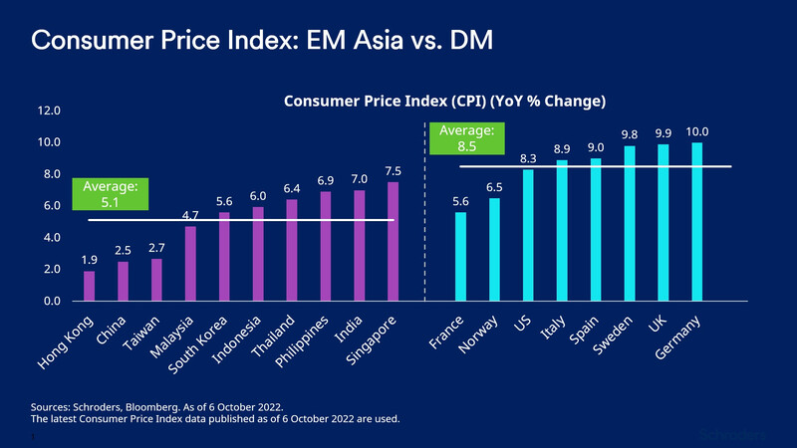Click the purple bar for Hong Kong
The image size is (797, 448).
90,286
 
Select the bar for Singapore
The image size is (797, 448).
394,242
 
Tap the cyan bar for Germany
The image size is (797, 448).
696,222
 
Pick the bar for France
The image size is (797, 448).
460,257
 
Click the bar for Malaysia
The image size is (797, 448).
190,264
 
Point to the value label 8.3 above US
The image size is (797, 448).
528,158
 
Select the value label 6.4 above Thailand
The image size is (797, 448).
292,188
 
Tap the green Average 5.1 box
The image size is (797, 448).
111,194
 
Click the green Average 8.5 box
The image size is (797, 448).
466,138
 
